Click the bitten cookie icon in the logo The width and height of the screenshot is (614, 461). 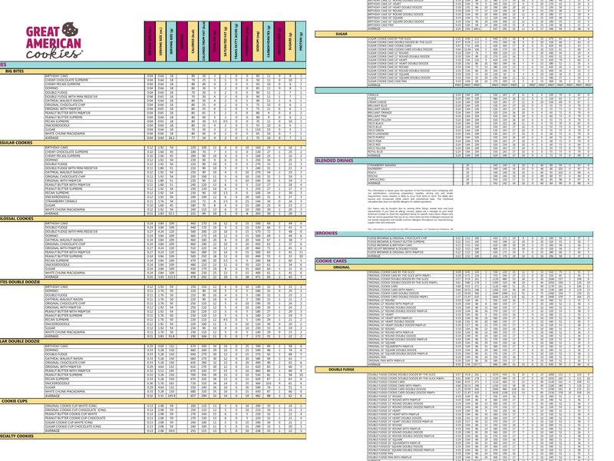coord(69,30)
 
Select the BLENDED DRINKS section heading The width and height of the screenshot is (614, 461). coord(334,161)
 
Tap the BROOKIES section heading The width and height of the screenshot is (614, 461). coord(326,232)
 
